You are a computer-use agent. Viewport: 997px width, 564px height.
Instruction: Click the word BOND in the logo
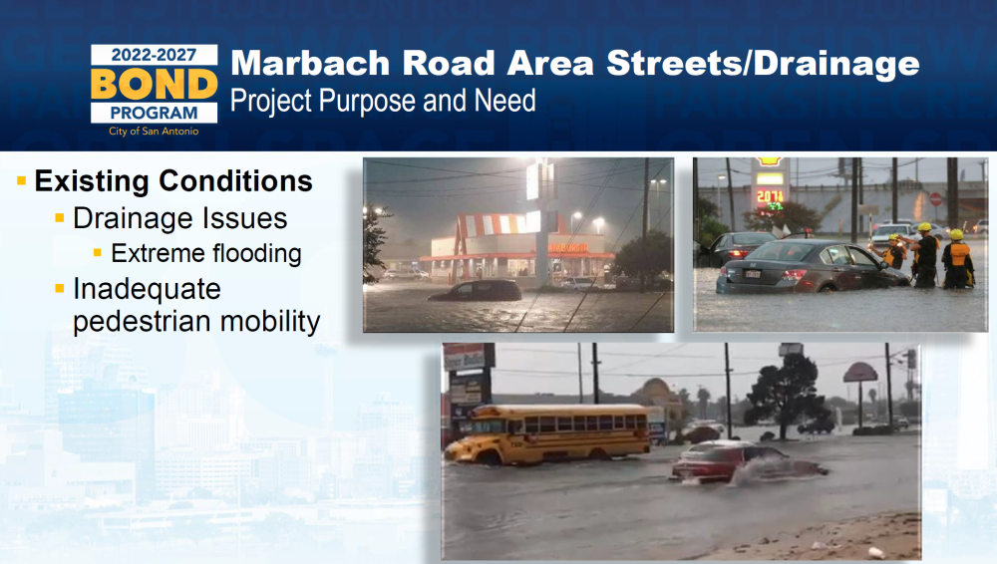[x=154, y=84]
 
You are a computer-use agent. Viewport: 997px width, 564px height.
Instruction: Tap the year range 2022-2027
[x=154, y=55]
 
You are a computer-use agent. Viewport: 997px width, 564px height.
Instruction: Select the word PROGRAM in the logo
[x=154, y=114]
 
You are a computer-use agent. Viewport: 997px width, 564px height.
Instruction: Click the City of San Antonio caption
[x=154, y=131]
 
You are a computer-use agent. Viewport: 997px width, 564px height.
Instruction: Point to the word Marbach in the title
[x=310, y=63]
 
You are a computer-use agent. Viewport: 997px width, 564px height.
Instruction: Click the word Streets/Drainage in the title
[x=763, y=64]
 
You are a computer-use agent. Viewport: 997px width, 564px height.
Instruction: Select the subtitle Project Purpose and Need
[x=383, y=101]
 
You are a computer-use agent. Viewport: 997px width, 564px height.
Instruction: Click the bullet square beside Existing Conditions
[x=22, y=181]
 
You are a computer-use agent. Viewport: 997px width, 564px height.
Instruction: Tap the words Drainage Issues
[x=179, y=218]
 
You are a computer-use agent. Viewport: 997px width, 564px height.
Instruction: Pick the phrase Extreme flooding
[x=206, y=253]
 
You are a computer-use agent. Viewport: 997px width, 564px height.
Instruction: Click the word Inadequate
[x=147, y=289]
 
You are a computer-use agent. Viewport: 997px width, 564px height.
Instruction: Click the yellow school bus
[x=546, y=433]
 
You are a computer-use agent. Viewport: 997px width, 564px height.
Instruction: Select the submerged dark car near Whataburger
[x=476, y=291]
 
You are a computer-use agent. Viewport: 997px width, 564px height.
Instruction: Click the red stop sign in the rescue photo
[x=935, y=199]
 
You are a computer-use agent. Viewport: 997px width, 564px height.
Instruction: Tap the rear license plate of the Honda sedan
[x=752, y=274]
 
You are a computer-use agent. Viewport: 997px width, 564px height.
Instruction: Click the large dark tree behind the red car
[x=786, y=395]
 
